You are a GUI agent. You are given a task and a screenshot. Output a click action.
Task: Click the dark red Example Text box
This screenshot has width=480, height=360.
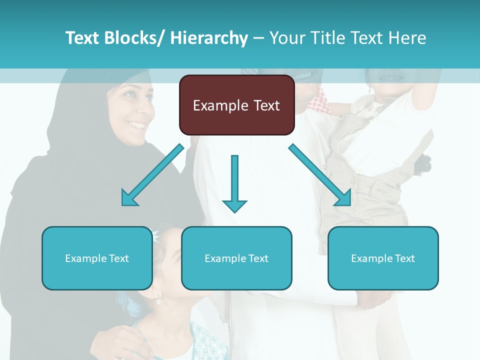click(236, 105)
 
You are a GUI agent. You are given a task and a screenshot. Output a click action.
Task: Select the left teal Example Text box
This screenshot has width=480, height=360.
click(97, 258)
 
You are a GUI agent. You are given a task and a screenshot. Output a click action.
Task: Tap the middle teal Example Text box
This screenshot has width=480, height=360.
click(236, 258)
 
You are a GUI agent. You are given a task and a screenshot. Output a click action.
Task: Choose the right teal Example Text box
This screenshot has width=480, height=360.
click(383, 258)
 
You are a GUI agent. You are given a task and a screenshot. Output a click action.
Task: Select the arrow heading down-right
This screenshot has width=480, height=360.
click(320, 175)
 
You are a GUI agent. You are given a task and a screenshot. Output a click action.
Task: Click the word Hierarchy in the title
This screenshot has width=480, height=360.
click(209, 38)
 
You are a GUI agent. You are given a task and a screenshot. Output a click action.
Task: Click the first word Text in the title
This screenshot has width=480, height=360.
click(83, 38)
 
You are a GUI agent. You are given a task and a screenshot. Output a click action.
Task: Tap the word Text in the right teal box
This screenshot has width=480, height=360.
click(404, 258)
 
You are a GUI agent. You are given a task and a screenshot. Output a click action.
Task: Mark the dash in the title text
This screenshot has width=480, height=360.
click(259, 38)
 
